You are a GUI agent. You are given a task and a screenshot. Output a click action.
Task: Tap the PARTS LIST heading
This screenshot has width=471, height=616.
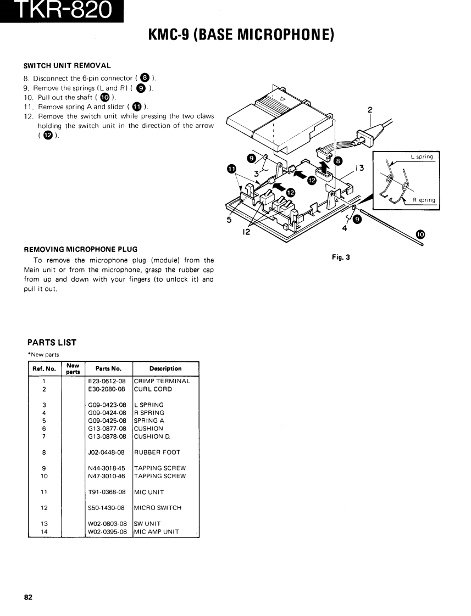pyautogui.click(x=52, y=343)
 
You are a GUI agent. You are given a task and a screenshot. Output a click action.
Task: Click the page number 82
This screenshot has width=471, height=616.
pyautogui.click(x=28, y=597)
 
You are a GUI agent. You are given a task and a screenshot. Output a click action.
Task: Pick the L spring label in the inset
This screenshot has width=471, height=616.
pyautogui.click(x=422, y=156)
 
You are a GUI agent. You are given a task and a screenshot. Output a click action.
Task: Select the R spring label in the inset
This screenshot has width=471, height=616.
pyautogui.click(x=423, y=200)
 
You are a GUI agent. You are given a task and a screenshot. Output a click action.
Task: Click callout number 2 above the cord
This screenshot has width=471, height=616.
pyautogui.click(x=370, y=110)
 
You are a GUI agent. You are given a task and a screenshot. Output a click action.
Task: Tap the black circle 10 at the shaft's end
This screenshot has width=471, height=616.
pyautogui.click(x=420, y=234)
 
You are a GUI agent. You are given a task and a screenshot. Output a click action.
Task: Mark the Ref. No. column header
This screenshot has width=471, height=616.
pyautogui.click(x=44, y=368)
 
